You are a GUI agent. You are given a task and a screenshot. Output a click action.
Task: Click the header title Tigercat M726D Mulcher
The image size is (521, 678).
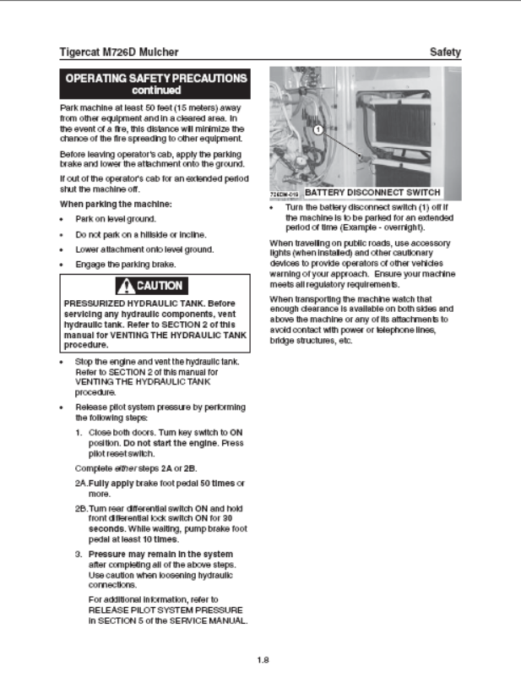[x=119, y=52]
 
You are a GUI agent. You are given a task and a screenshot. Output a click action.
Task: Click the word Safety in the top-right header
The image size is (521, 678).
[x=445, y=52]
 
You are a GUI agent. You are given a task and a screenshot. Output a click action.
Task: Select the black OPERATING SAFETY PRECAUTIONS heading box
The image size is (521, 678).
[x=156, y=84]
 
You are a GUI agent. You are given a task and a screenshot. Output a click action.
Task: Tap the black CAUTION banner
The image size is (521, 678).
[x=155, y=285]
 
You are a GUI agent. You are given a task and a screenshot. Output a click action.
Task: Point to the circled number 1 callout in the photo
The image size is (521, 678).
[x=318, y=130]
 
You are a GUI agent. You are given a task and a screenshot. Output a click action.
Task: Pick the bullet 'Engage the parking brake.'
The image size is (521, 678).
[x=125, y=265]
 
